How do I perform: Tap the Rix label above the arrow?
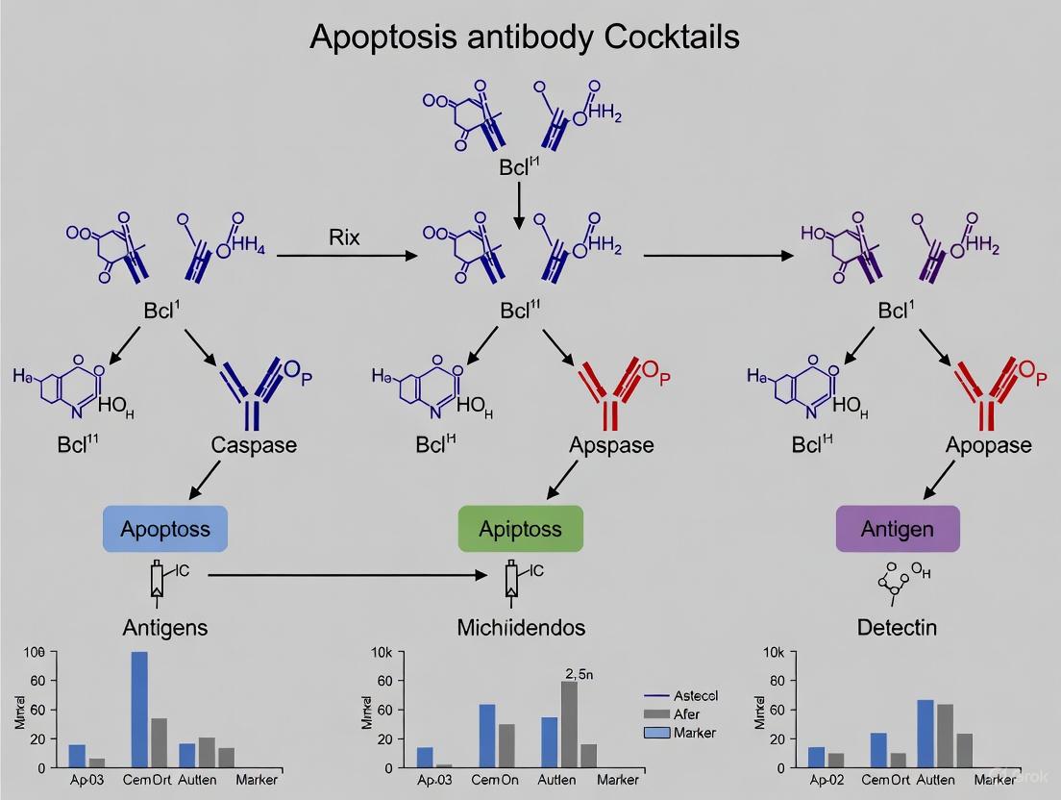344,237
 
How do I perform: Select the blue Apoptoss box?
165,529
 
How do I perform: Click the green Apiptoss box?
520,529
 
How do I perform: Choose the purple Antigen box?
897,529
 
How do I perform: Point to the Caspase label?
254,445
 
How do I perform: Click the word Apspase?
611,445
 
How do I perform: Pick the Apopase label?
988,445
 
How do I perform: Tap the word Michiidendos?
520,628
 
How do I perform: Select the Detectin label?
897,628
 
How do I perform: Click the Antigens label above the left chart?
165,628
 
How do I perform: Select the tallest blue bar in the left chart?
139,710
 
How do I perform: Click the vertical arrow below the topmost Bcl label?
519,205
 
